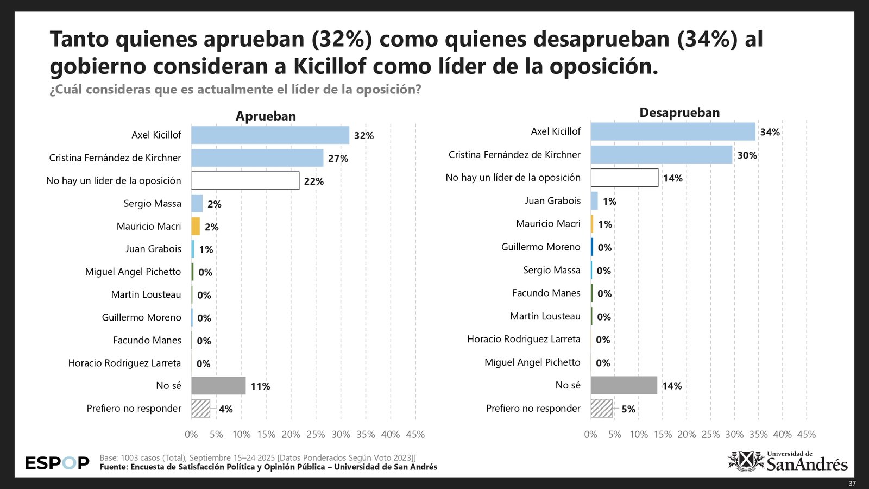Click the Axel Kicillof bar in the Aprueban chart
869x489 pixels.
coord(270,135)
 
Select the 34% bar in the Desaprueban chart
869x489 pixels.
coord(673,132)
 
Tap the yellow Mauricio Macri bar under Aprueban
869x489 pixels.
coord(196,227)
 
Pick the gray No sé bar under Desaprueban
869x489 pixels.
coord(624,385)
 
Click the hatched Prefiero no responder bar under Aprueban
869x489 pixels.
coord(200,409)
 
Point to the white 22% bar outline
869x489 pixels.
coord(245,181)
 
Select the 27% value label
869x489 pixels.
coord(338,159)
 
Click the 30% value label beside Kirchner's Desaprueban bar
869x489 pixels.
coord(747,155)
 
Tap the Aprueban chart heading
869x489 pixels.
coord(266,116)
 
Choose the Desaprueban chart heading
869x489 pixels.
coord(679,113)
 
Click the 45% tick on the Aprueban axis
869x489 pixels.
coord(415,435)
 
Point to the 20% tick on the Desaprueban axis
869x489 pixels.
coord(687,435)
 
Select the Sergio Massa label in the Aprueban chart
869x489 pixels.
coord(152,204)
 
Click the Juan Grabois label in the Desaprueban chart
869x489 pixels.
coord(552,201)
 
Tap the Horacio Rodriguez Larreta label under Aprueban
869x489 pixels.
coord(124,363)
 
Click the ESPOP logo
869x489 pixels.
coord(57,463)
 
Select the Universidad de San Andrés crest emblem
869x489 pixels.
coord(746,461)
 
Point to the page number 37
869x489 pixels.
coord(852,484)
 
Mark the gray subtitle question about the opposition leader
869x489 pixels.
coord(235,90)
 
